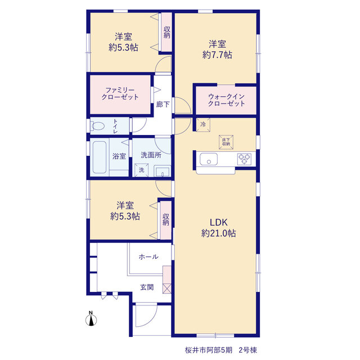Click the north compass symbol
pos(91,319)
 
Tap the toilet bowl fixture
pos(98,126)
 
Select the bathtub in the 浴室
pos(100,157)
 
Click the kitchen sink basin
pos(209,159)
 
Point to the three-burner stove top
pos(244,159)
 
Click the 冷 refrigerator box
pos(203,125)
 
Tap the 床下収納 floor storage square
pos(226,142)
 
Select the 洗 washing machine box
pos(141,170)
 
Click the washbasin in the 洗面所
pos(163,171)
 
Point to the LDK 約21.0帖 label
pos(218,228)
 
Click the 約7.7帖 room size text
pos(217,55)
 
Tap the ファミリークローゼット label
pos(120,93)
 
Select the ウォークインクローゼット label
pos(226,100)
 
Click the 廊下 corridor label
pos(163,105)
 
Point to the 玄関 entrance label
pos(147,287)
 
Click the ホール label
pos(148,256)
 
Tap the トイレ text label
pos(115,126)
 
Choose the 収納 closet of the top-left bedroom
pos(166,32)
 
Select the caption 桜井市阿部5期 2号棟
pos(220,350)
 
